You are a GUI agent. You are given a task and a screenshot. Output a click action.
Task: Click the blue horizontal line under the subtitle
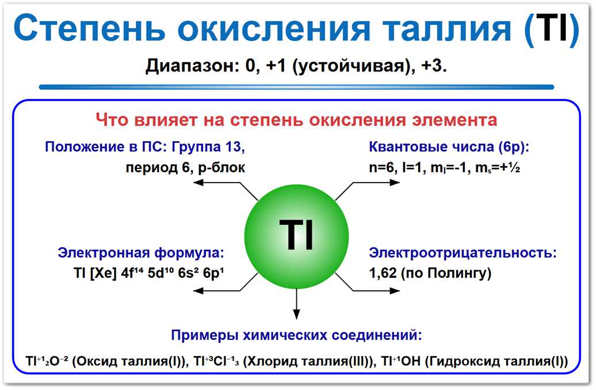pos(296,87)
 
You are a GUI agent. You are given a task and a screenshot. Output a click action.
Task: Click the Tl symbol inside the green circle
pos(297,234)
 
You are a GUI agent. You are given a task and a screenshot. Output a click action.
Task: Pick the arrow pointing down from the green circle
pos(297,305)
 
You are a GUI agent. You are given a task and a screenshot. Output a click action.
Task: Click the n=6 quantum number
pos(382,168)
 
